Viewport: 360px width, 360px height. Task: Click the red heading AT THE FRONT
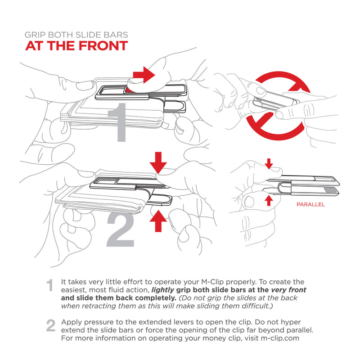point(76,46)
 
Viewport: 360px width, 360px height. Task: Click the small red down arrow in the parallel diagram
point(269,164)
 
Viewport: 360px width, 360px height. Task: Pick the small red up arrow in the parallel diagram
point(269,199)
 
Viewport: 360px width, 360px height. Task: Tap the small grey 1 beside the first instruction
point(51,285)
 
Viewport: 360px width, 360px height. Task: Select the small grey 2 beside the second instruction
point(51,326)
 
